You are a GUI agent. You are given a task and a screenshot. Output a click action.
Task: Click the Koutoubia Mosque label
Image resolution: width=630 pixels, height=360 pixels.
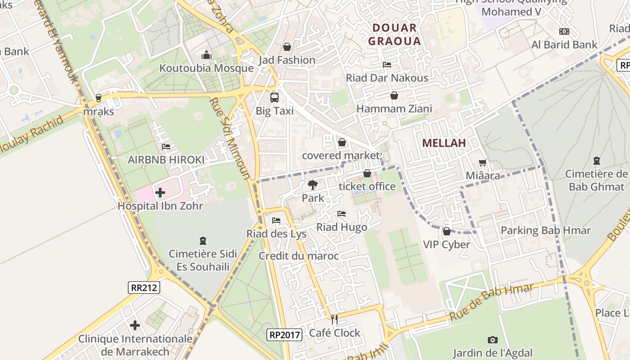coord(207,68)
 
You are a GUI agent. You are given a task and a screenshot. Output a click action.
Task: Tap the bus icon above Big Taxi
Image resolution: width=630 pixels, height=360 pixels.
coord(274,97)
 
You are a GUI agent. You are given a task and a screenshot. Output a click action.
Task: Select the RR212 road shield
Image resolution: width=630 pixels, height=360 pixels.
coord(144,288)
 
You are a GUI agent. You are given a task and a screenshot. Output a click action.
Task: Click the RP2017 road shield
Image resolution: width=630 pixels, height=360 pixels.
coord(284,335)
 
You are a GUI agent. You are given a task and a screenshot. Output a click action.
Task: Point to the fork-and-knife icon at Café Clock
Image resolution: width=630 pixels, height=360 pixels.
coord(334,319)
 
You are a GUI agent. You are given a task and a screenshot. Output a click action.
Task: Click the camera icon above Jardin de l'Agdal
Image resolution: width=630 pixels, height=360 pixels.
coord(493,340)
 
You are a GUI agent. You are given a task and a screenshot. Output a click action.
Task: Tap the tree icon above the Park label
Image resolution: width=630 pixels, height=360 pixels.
coord(312,184)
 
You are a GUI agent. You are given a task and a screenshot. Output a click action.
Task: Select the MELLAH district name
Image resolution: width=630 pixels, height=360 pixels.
coord(444,143)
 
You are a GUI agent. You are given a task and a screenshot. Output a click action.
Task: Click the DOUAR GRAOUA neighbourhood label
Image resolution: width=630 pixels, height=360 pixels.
coord(394,35)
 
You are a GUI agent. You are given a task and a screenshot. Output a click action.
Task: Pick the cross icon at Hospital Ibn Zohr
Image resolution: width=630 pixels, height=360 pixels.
coord(160,193)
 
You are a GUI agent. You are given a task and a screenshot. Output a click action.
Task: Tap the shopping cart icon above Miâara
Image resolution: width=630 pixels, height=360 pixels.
coord(483,162)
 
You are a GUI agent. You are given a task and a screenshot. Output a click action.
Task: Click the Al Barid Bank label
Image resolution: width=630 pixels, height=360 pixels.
coord(564,45)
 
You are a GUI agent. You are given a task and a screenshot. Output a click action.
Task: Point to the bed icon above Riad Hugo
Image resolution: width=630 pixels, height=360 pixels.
coord(342,214)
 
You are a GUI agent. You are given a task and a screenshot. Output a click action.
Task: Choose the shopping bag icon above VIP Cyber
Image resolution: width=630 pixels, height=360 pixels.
coord(446,231)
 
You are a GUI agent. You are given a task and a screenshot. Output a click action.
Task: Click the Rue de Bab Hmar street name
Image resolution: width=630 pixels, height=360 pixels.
coord(491,302)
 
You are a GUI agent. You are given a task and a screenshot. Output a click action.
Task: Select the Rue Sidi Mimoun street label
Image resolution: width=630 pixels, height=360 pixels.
coord(229,138)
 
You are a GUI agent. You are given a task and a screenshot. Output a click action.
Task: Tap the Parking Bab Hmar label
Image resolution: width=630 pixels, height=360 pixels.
coord(545,230)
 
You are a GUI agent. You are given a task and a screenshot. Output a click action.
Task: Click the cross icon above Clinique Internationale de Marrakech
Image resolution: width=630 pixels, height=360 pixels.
coord(135,325)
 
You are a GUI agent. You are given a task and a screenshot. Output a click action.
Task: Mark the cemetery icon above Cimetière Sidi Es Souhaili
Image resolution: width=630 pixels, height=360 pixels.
coord(202,241)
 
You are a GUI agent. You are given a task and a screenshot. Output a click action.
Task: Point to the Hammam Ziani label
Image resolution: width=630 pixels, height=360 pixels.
coord(394,108)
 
